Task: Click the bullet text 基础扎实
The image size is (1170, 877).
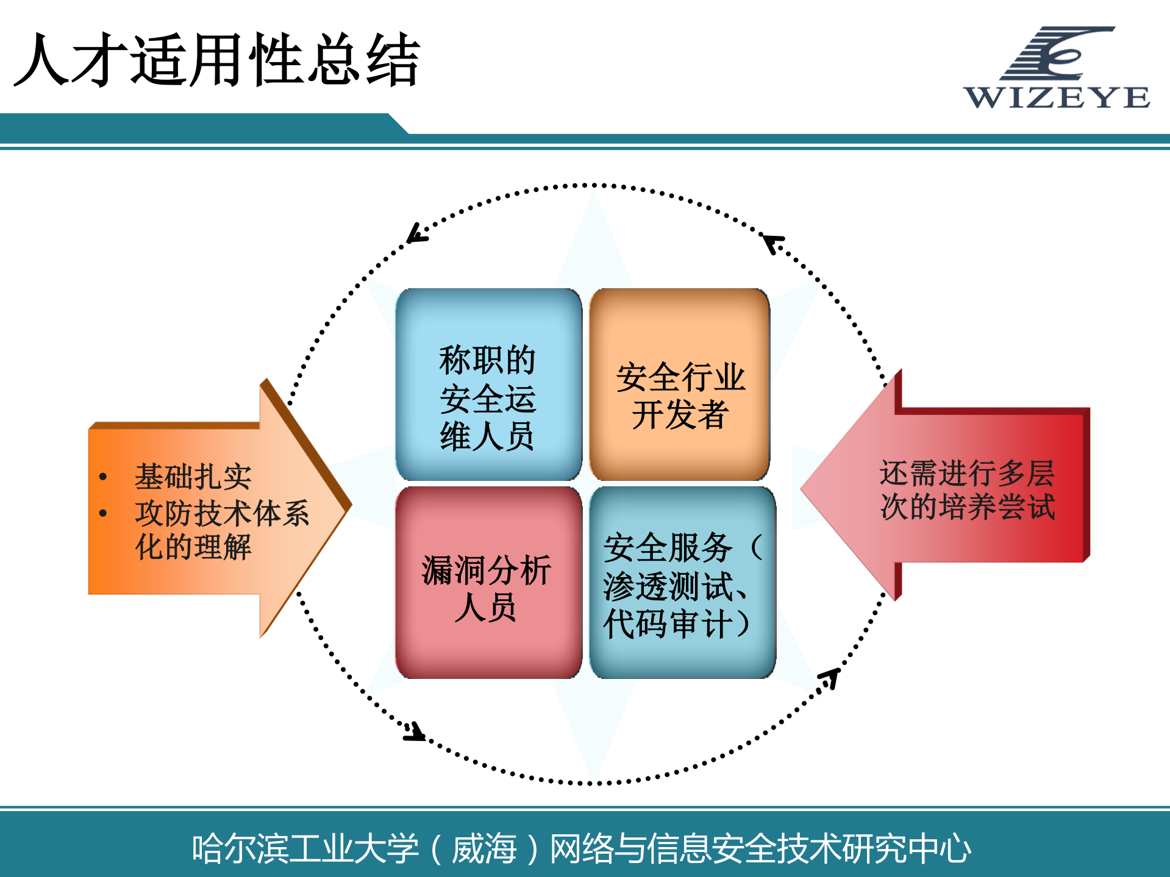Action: pyautogui.click(x=193, y=477)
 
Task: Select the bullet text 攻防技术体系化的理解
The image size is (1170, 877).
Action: pyautogui.click(x=221, y=529)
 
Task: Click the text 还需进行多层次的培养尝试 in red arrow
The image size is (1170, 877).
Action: pyautogui.click(x=967, y=489)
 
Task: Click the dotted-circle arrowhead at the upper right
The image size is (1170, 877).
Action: pyautogui.click(x=772, y=242)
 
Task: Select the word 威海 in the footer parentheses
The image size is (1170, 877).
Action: pyautogui.click(x=484, y=848)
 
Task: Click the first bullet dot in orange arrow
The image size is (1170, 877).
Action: pyautogui.click(x=103, y=477)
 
